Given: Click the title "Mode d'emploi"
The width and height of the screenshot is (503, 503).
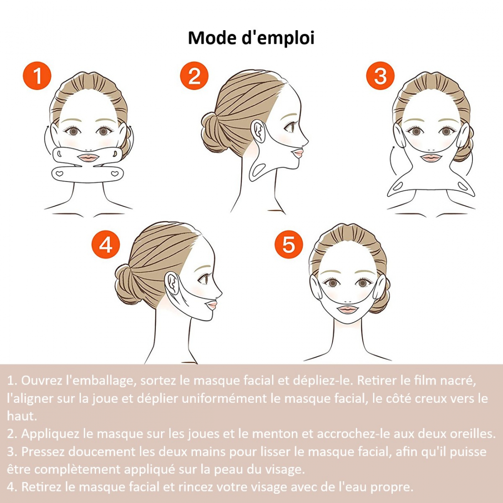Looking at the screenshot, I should [251, 37].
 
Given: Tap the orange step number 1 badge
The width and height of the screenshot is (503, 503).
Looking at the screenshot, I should [37, 76].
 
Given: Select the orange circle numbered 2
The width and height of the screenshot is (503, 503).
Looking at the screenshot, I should [194, 76].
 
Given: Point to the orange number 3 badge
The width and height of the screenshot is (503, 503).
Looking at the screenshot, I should [380, 76].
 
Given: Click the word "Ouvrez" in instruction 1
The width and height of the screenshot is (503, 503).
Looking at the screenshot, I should [41, 380].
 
